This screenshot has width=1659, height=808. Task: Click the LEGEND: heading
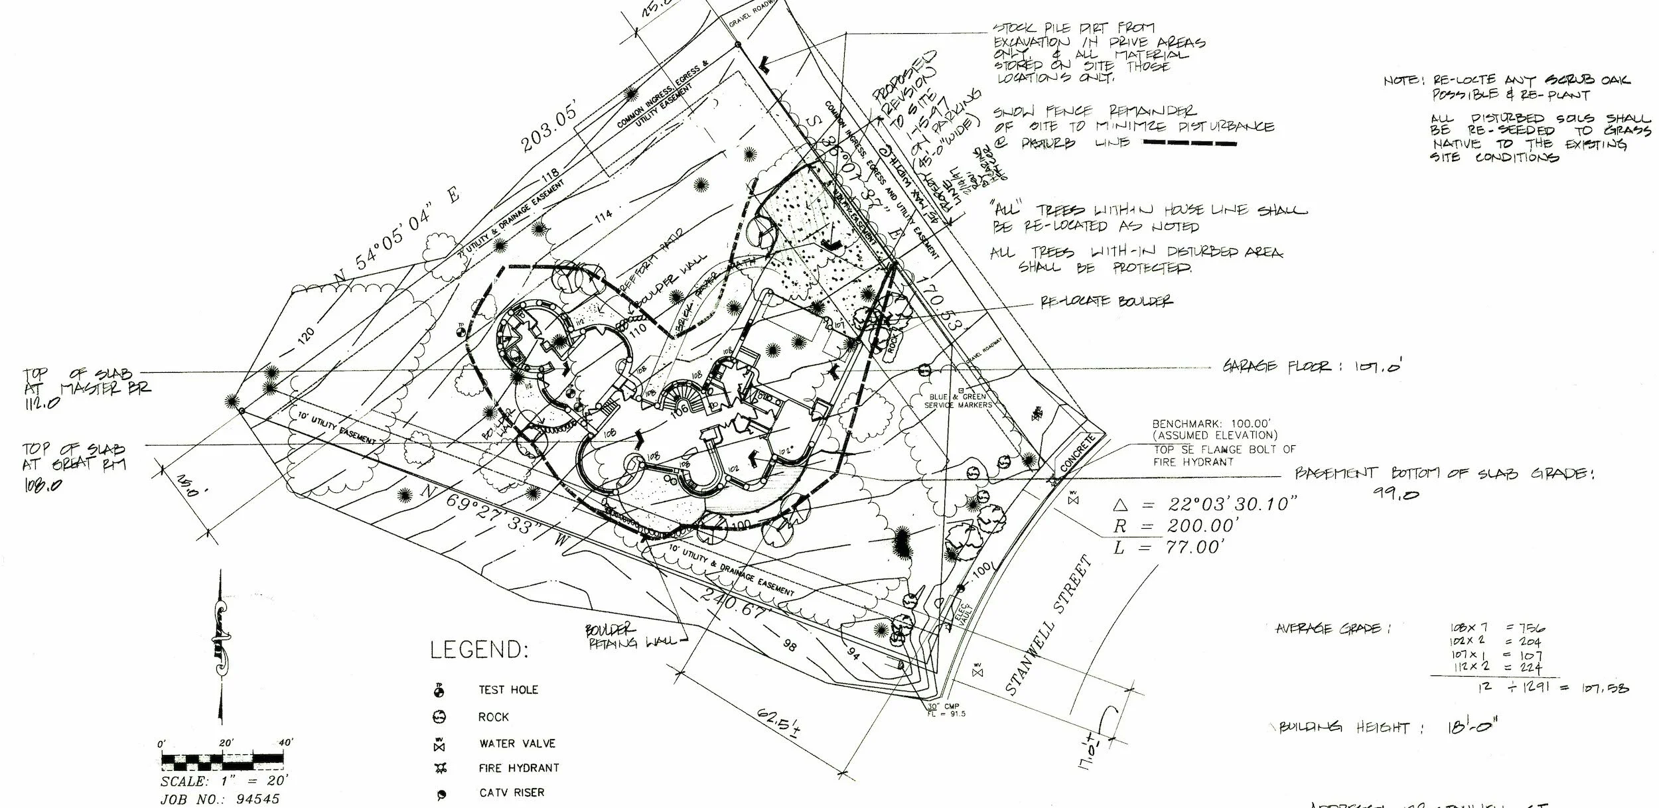coord(479,649)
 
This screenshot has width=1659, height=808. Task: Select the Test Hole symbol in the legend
coord(439,691)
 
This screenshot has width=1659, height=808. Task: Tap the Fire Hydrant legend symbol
coord(440,768)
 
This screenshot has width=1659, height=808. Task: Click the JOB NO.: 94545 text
coord(220,799)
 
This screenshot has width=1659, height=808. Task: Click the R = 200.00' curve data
coord(1175,526)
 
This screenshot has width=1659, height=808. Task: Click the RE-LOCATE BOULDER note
coord(1106,301)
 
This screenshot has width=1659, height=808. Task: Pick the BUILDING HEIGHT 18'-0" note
coord(1388,727)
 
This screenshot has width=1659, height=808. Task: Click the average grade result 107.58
coord(1605,689)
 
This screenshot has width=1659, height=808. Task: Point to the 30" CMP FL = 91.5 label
coord(947,710)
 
